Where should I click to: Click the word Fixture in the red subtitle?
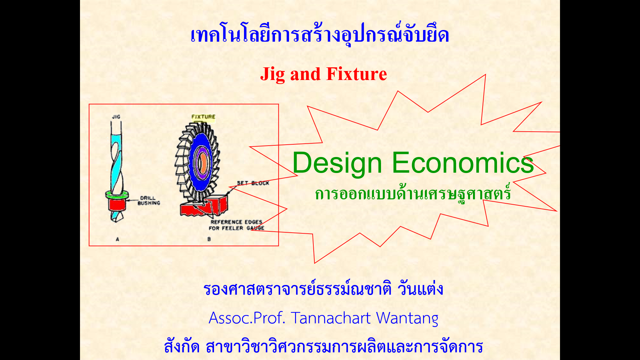(356, 74)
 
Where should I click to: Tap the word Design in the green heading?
(337, 163)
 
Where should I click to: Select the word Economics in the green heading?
(463, 163)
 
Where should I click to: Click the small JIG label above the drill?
(116, 117)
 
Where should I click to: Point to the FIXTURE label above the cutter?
(203, 117)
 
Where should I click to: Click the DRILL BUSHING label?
(149, 200)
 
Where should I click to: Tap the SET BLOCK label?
(253, 183)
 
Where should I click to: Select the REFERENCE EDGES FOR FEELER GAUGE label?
(236, 225)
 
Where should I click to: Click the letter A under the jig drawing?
(117, 239)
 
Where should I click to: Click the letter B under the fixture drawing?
(209, 239)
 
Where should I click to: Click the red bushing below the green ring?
(117, 204)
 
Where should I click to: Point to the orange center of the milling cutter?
(202, 161)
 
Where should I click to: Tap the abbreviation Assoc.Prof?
(247, 318)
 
